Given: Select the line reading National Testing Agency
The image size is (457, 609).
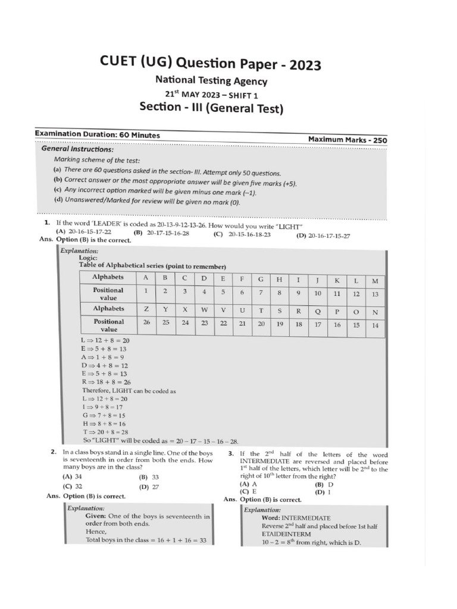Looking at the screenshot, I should coord(211,81).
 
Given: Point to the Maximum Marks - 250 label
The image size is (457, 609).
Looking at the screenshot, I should coord(347,139).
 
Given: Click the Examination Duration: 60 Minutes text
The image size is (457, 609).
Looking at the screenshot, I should coord(98,135).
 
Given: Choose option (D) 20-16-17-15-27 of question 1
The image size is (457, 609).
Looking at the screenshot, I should coord(323,236).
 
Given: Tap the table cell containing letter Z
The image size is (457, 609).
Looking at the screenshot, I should coord(146,309).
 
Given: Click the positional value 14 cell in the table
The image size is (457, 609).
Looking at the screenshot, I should coord(375,325).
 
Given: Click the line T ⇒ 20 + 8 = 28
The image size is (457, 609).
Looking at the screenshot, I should coord(105,432).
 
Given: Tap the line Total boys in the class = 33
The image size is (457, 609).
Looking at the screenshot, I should coord(141,540).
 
